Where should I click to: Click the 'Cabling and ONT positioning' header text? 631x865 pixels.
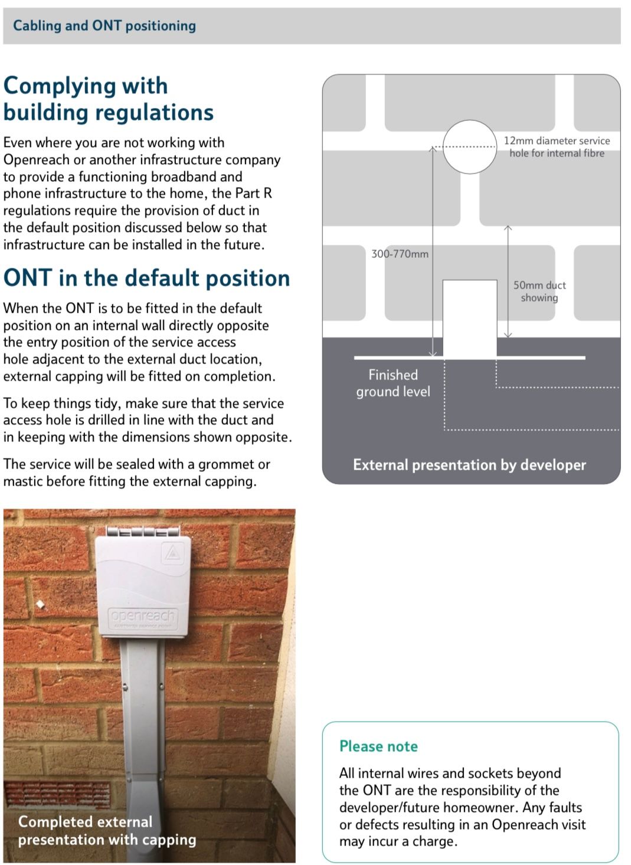tap(104, 26)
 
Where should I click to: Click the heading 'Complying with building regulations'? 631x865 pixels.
tap(108, 99)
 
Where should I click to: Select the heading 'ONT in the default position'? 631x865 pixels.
tap(146, 278)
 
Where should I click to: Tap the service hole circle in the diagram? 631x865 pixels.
tap(470, 147)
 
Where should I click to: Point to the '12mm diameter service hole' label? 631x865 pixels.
tap(557, 147)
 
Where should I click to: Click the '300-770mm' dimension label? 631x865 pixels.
tap(400, 254)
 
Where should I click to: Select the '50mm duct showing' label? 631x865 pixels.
tap(539, 291)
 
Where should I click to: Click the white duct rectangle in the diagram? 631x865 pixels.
tap(470, 319)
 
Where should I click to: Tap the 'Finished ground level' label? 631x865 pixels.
tap(393, 384)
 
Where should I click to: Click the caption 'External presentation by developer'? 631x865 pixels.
tap(469, 465)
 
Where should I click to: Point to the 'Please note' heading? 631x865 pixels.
tap(378, 746)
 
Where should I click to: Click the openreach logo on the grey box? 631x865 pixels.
tap(143, 616)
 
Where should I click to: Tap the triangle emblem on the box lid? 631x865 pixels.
tap(172, 553)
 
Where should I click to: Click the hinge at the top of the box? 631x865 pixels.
tap(143, 531)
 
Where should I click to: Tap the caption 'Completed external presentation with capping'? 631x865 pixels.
tap(107, 830)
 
